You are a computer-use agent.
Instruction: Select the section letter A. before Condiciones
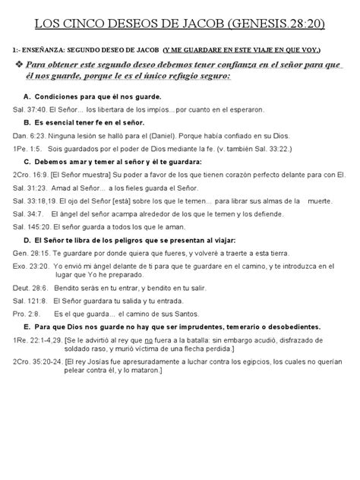click(27, 97)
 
